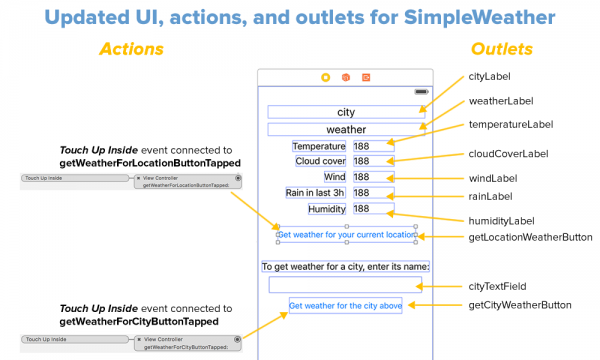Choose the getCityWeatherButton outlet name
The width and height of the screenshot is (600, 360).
520,304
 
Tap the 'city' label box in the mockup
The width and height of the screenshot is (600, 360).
346,112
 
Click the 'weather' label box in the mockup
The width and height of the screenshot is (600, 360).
346,129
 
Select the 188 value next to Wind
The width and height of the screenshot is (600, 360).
362,177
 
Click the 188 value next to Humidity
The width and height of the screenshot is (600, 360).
362,209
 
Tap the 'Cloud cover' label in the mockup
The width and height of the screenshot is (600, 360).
320,161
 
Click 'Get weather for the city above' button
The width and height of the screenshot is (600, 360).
346,305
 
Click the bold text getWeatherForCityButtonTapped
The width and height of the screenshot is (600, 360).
139,322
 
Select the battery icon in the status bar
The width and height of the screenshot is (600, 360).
420,91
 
